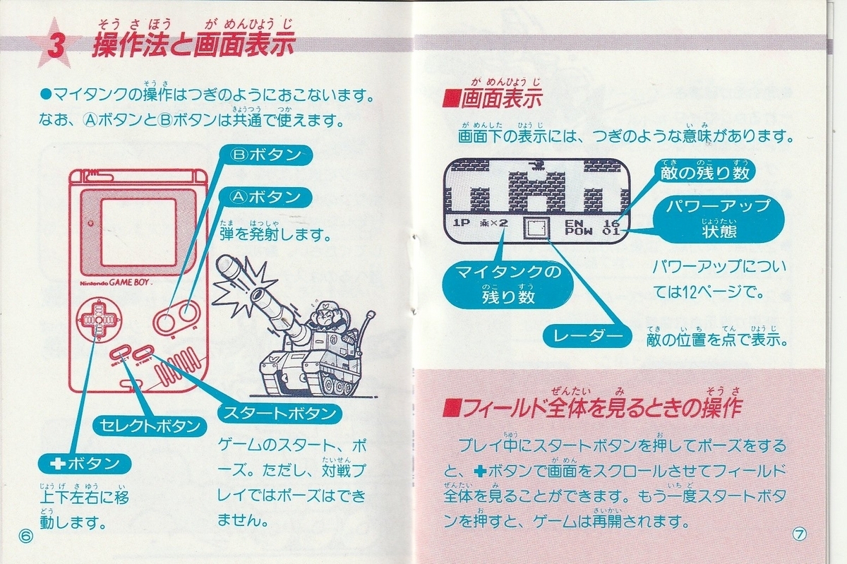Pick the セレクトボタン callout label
pyautogui.click(x=147, y=426)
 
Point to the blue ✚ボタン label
pyautogui.click(x=85, y=464)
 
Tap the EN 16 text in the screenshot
pyautogui.click(x=592, y=222)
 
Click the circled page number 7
pyautogui.click(x=800, y=534)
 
